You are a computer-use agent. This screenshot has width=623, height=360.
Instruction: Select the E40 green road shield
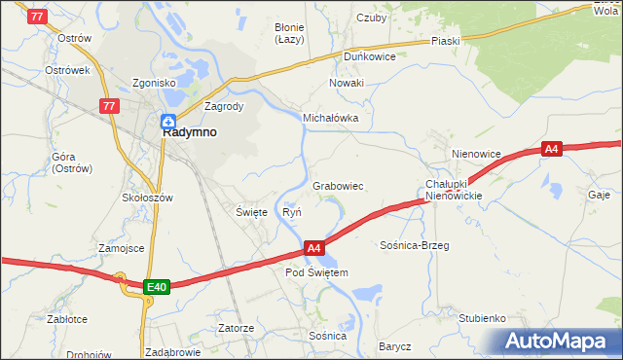157,287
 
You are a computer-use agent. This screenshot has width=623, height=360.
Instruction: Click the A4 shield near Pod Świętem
313,248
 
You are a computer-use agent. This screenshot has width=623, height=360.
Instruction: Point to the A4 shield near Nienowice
552,149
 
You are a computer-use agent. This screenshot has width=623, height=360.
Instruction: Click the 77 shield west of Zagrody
109,105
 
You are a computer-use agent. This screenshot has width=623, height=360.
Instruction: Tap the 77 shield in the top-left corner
36,17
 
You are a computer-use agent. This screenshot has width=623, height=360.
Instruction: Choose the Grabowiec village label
338,185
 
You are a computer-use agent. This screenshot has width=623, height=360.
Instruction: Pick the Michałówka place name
331,118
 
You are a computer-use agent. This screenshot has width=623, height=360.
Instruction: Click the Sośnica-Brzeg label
414,246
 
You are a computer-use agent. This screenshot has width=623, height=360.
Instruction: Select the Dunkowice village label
368,56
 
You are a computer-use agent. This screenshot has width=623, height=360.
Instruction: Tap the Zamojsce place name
122,248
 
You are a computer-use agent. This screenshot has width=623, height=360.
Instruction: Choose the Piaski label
445,42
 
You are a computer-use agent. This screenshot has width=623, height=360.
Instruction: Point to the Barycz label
395,346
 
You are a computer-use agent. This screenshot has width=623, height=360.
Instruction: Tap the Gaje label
599,195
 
